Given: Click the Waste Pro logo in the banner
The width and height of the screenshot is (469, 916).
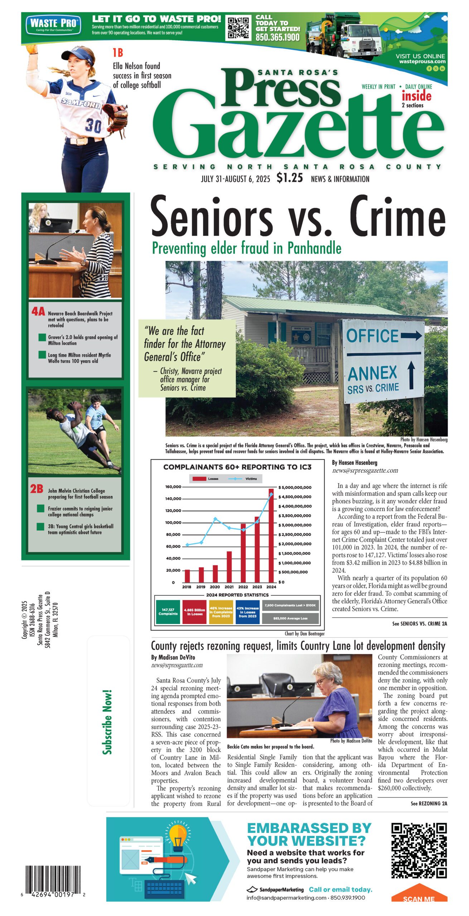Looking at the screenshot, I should [53, 25].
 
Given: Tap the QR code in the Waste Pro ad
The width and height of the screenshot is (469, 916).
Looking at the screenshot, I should [238, 28].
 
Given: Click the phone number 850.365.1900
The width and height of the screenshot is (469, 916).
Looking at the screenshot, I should [277, 37].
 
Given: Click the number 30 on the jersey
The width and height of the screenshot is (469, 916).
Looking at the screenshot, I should [93, 126].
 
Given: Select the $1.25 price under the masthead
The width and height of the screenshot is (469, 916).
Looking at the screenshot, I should [290, 178].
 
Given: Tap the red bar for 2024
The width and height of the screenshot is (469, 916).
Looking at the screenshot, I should [271, 535].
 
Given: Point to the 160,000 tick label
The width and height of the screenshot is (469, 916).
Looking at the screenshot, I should [173, 487].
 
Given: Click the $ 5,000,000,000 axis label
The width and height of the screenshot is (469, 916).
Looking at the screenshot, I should [295, 487].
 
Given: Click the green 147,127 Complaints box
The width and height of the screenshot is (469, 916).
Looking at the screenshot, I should [168, 612].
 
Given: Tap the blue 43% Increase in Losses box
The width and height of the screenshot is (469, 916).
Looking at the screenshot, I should [248, 612].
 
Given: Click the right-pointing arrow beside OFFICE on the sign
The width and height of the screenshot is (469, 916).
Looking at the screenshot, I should [411, 336].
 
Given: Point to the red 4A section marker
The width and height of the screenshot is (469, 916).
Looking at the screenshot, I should [38, 312].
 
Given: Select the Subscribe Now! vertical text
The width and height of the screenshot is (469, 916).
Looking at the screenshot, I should [107, 722].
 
